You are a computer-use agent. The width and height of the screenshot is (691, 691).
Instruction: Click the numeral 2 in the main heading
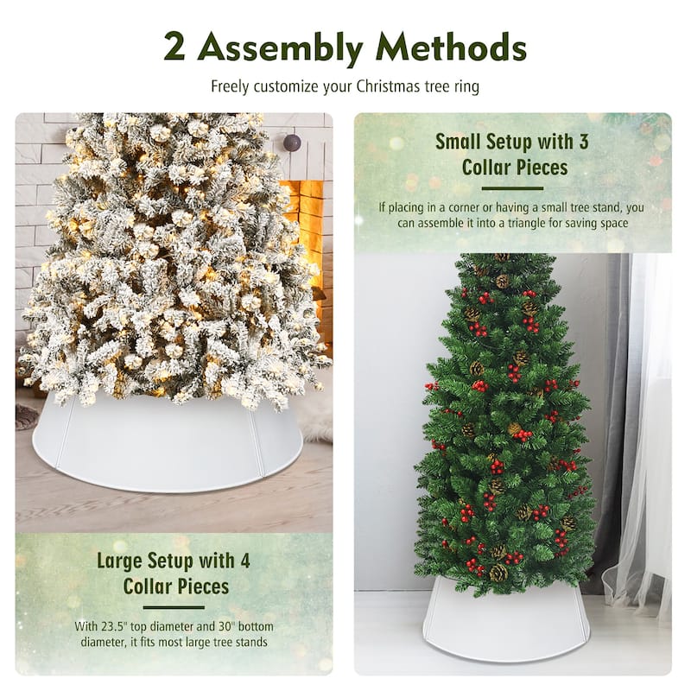tap(174, 47)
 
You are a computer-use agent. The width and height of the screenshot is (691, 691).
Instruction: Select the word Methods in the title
tap(451, 47)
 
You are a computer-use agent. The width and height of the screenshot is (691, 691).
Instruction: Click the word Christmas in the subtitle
tap(388, 86)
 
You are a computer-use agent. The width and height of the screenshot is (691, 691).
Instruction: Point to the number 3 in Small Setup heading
tap(584, 142)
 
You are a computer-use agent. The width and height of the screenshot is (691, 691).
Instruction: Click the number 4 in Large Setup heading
tap(245, 561)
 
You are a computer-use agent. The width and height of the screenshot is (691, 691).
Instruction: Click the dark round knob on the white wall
tap(292, 143)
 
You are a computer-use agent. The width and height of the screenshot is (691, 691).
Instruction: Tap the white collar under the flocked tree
tap(168, 445)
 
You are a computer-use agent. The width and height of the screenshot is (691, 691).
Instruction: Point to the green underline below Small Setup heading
tap(512, 188)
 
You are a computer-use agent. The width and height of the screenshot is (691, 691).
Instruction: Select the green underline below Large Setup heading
tap(174, 607)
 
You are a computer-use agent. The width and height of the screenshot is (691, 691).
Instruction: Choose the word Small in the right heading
tap(458, 142)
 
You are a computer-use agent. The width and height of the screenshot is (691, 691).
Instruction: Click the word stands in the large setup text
tap(252, 642)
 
